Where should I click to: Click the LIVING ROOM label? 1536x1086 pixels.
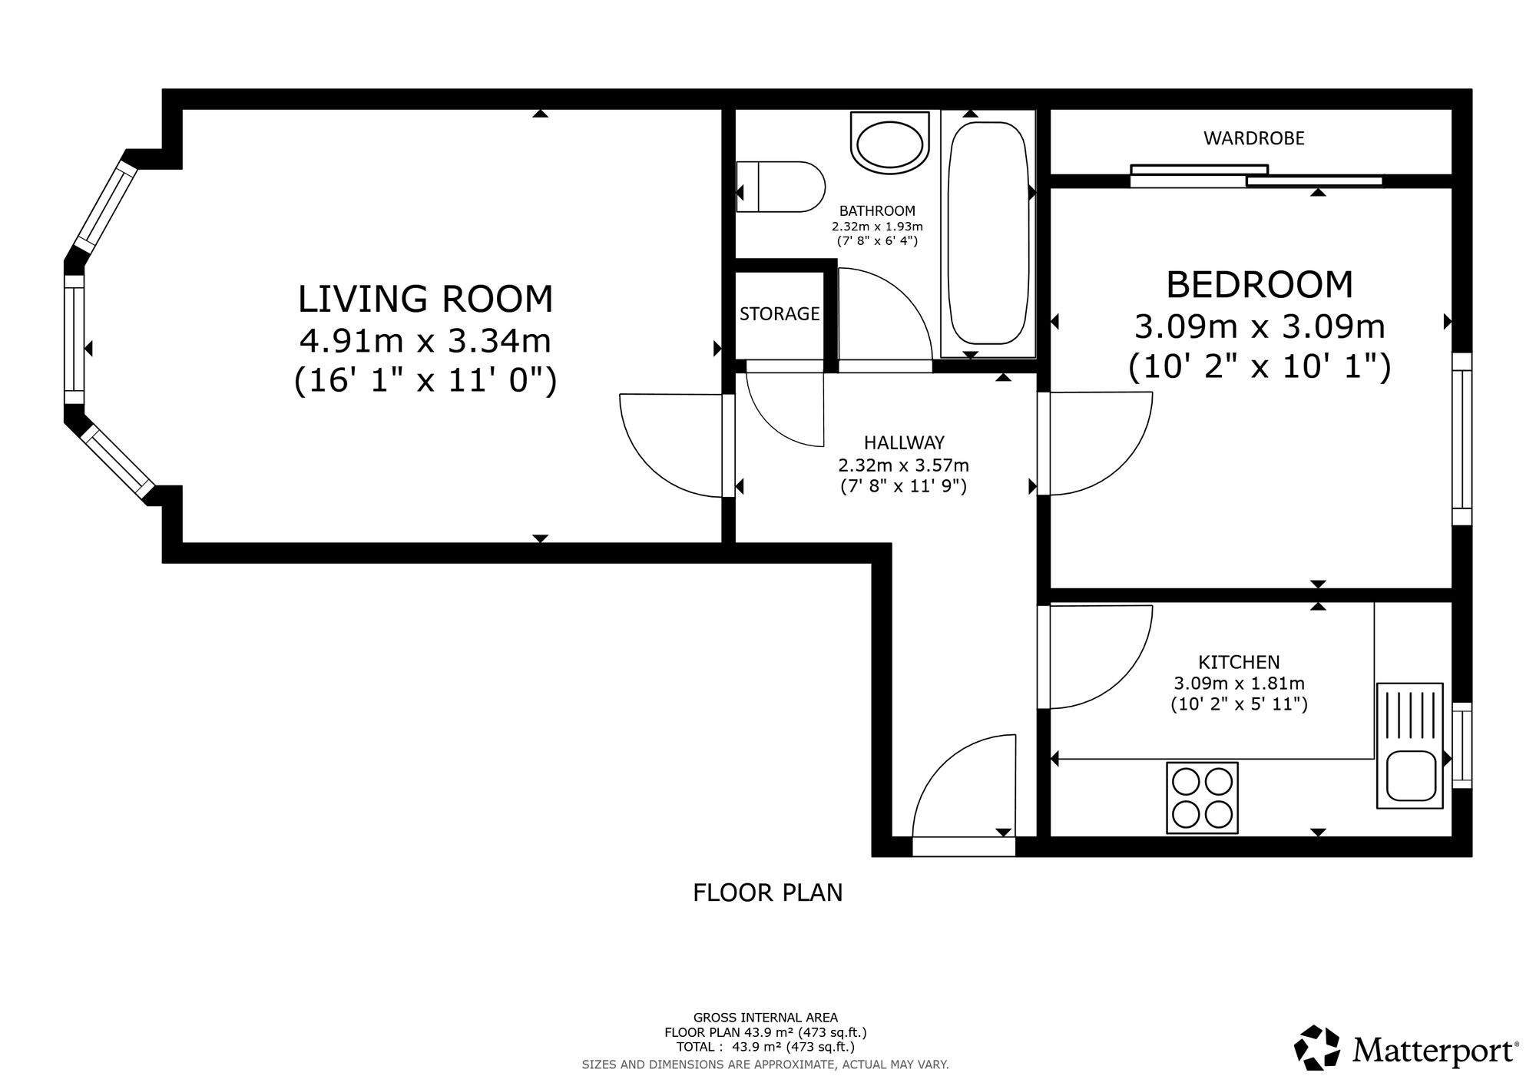coord(425,299)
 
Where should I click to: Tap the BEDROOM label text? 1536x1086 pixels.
coord(1260,284)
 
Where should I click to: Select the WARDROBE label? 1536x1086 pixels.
coord(1254,138)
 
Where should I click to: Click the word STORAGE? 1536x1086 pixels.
coord(780,313)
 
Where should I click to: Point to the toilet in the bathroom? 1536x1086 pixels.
coord(780,187)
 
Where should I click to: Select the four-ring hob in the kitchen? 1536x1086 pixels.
coord(1202,797)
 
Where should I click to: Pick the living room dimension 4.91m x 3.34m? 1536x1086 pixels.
coord(425,341)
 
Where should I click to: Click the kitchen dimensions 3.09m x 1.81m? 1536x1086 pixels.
coord(1239,683)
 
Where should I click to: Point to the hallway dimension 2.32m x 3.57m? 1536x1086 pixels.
coord(903,465)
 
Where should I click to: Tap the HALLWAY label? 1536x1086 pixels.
coord(904,442)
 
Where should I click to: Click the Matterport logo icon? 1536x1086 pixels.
coord(1319,1048)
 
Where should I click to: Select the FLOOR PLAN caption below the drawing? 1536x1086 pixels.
coord(768,892)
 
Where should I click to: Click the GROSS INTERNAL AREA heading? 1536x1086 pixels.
coord(766,1018)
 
